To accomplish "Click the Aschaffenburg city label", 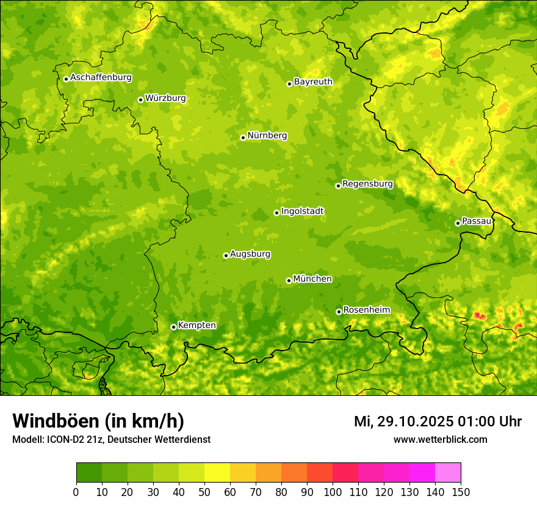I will click(x=101, y=78).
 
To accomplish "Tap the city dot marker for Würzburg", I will click(x=140, y=100).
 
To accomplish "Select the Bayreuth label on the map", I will click(x=313, y=82).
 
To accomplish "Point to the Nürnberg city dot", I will click(x=243, y=137).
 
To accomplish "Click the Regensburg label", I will click(x=367, y=184).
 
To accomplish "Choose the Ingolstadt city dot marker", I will click(x=276, y=213).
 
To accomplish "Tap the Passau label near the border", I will click(x=477, y=221).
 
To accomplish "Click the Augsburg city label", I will click(x=250, y=254).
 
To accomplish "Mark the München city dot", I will click(x=289, y=280).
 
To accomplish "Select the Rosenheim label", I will click(x=366, y=310).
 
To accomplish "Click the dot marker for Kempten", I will click(x=173, y=327).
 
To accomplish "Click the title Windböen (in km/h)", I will click(x=98, y=421).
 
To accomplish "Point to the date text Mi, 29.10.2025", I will click(x=403, y=421).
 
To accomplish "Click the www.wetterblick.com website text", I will click(x=440, y=439).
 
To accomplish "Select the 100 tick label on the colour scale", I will click(x=333, y=491).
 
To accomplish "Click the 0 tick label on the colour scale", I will click(x=76, y=491).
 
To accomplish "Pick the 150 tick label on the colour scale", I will click(x=461, y=491).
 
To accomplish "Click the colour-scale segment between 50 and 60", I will click(x=217, y=473).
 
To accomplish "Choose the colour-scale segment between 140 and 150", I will click(x=448, y=473).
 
